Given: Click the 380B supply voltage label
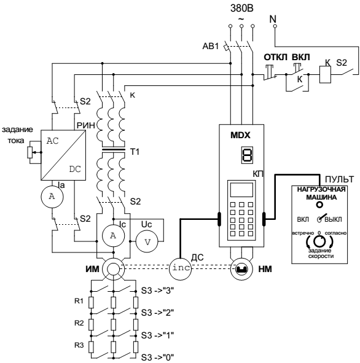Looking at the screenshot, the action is (x=241, y=9).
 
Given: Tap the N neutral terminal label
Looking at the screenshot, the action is (x=273, y=19).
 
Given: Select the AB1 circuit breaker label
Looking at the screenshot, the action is (x=211, y=46).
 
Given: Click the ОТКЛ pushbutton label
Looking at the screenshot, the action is (x=275, y=57).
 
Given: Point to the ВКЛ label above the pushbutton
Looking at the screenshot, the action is (x=300, y=57).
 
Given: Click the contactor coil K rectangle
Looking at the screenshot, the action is (x=325, y=74).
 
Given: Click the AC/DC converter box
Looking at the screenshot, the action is (x=63, y=155).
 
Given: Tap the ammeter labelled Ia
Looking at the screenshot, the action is (x=52, y=197).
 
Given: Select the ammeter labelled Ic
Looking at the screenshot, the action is (x=113, y=236).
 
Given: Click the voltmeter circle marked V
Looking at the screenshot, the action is (x=147, y=241).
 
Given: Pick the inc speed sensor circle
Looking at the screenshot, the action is (x=181, y=269).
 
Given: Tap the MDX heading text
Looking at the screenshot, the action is (x=240, y=135).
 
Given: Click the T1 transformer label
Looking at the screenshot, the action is (x=135, y=152).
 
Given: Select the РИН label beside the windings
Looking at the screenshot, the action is (x=86, y=125).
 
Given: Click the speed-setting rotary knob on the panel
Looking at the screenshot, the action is (x=319, y=241).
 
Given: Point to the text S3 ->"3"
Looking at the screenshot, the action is (x=157, y=291).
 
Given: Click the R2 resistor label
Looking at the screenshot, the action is (x=79, y=323).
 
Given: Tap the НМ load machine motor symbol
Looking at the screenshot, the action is (x=241, y=269).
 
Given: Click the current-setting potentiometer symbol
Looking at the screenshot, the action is (x=30, y=152).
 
